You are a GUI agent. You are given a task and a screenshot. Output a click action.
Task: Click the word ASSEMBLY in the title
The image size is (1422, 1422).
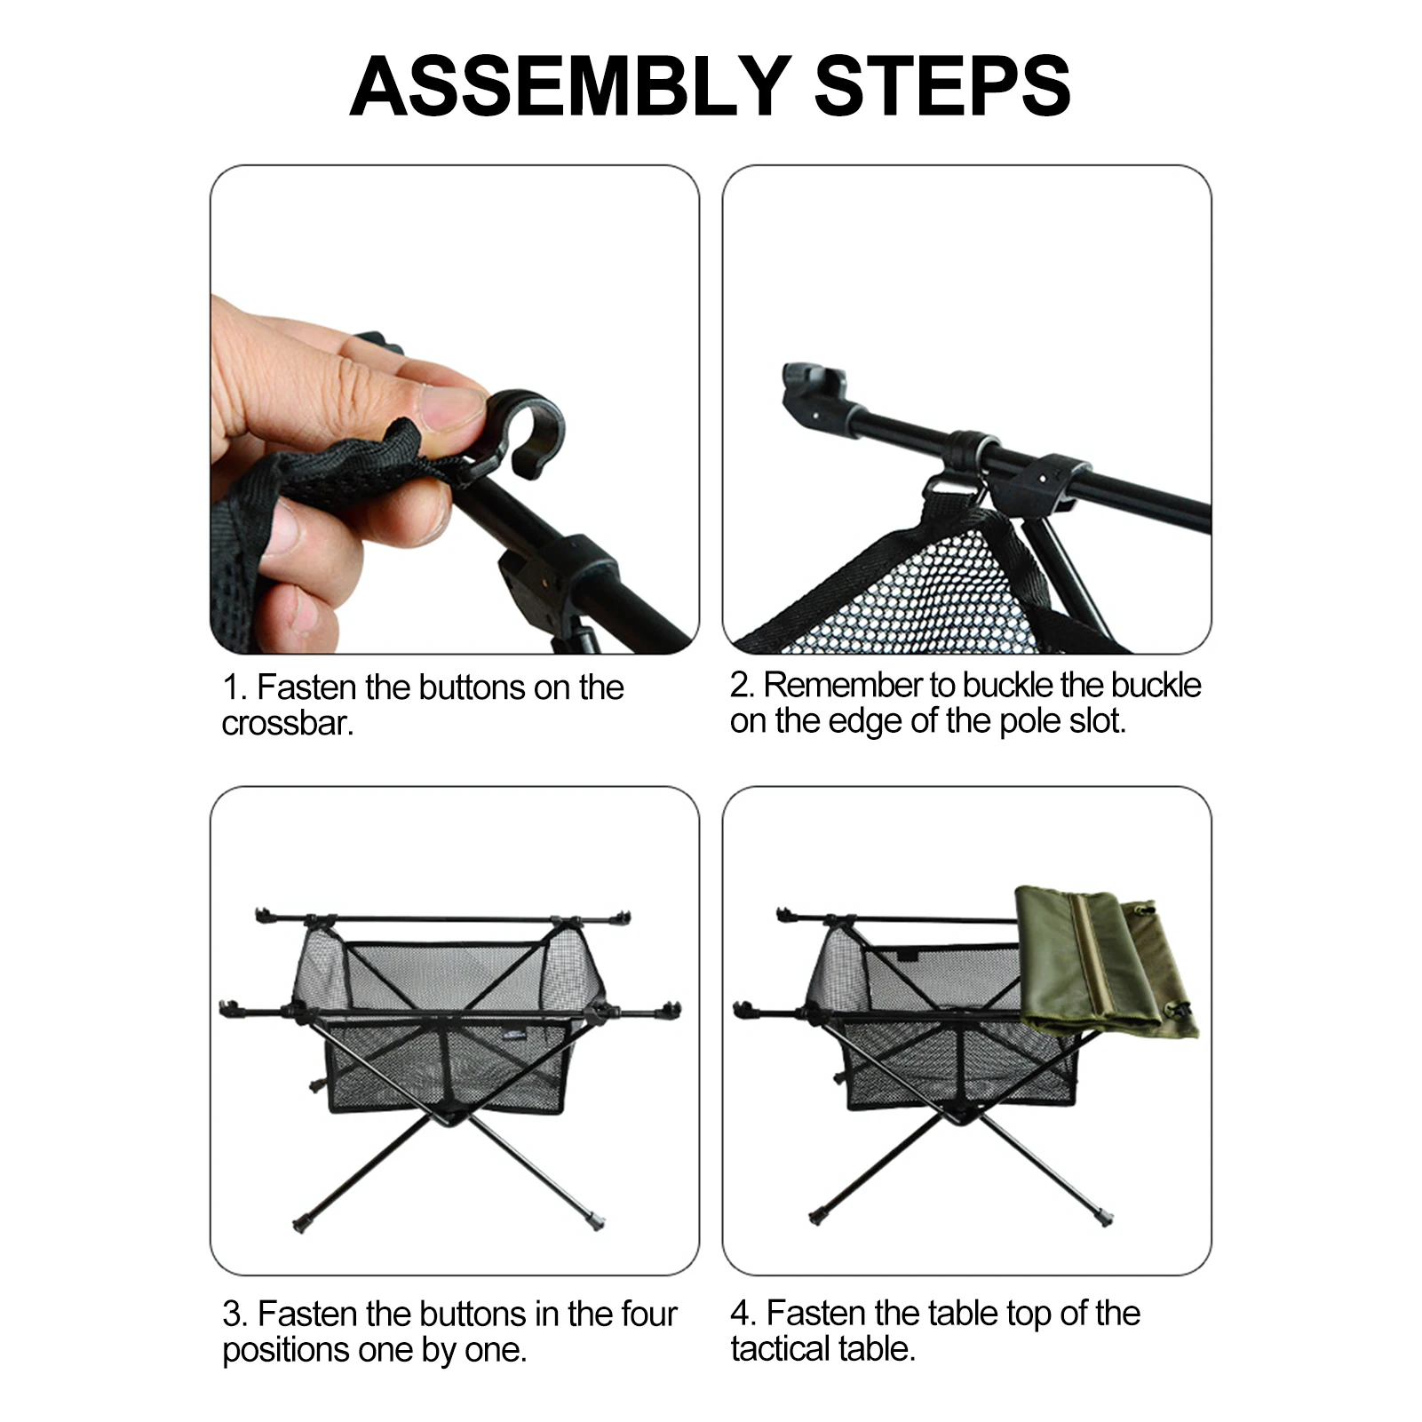pos(569,86)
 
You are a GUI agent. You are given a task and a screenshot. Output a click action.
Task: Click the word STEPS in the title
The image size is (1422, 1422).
pos(942,86)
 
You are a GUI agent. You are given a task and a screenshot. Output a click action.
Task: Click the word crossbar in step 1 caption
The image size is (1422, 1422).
pos(287,724)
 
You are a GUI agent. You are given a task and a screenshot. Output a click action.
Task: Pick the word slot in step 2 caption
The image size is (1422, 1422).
pos(1098,720)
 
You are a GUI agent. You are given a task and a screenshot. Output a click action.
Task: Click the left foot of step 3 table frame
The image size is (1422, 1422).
pos(300,1225)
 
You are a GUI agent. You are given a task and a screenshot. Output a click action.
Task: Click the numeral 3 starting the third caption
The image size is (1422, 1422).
pos(231,1315)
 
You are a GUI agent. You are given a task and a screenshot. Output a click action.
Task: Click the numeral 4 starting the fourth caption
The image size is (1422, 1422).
pos(740,1314)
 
